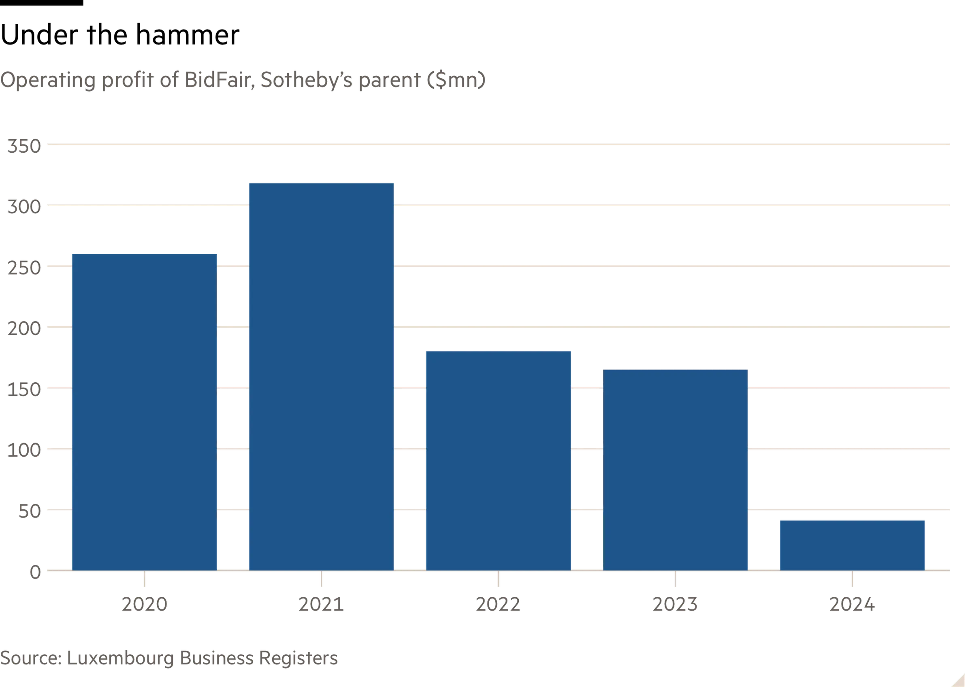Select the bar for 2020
144,411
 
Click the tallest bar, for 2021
321,376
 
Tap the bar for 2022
499,460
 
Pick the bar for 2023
676,469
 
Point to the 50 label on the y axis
30,510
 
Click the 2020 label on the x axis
144,604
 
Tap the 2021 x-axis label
321,604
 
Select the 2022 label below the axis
499,604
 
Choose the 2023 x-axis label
675,604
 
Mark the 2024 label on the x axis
852,604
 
